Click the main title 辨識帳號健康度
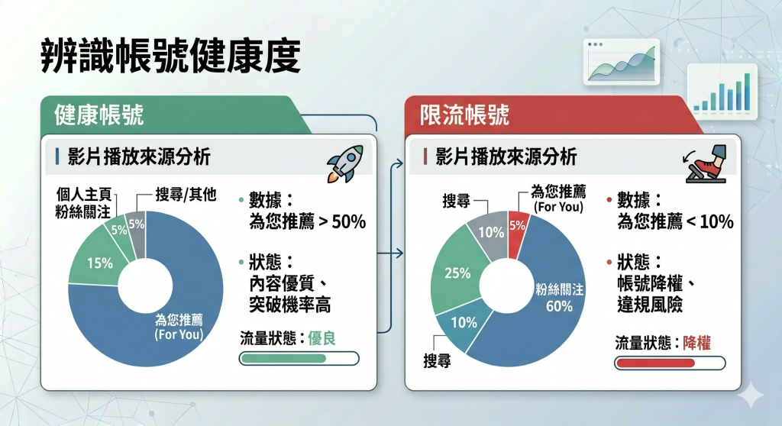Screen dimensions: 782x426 click(x=170, y=56)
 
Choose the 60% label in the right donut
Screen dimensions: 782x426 click(x=559, y=306)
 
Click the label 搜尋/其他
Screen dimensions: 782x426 click(x=186, y=195)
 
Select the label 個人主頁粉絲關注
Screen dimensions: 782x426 click(x=82, y=204)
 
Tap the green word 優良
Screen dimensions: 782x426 click(x=322, y=338)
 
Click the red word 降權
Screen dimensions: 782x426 click(x=696, y=344)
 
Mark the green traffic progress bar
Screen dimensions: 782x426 click(x=299, y=359)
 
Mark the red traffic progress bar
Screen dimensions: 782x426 click(x=670, y=363)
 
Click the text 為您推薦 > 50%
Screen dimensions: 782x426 click(x=307, y=222)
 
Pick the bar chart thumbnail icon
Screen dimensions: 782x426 click(x=722, y=92)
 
